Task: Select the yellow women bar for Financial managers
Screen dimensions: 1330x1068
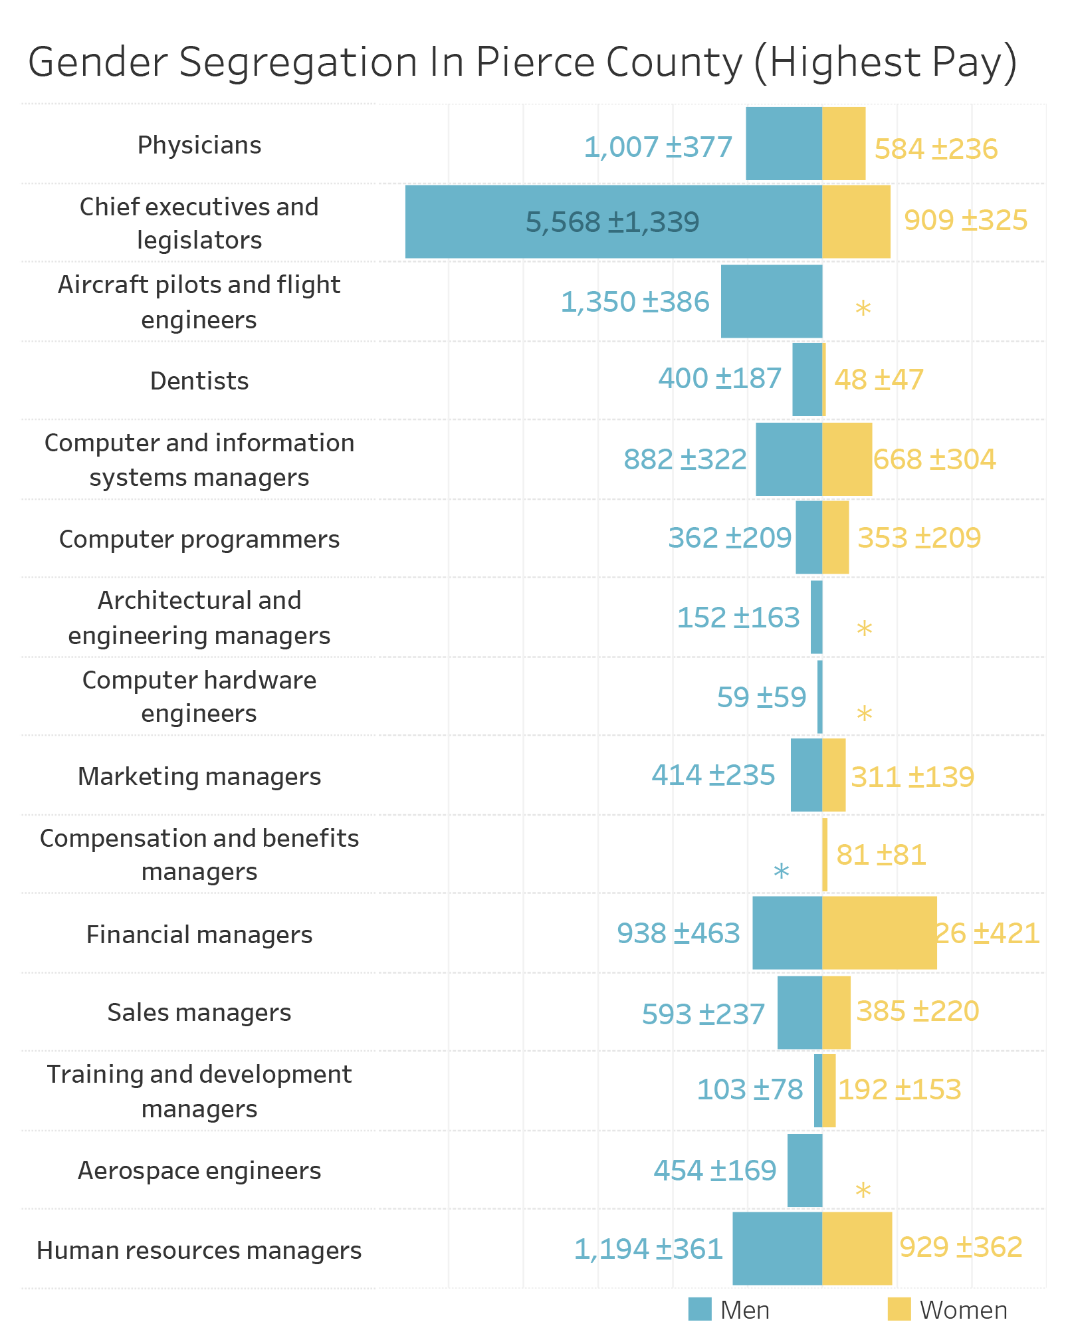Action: pyautogui.click(x=879, y=933)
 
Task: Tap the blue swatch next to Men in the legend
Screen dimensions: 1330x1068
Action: pyautogui.click(x=700, y=1309)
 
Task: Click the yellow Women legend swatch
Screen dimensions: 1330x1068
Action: pyautogui.click(x=899, y=1309)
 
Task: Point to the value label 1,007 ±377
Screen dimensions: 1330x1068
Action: pyautogui.click(x=657, y=147)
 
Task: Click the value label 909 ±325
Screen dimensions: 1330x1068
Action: pyautogui.click(x=965, y=220)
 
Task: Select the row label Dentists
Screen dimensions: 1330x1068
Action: pyautogui.click(x=199, y=381)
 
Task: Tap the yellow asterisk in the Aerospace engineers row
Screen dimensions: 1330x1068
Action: pyautogui.click(x=863, y=1190)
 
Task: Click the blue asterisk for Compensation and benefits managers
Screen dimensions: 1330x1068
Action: pyautogui.click(x=781, y=871)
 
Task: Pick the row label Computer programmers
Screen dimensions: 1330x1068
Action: pyautogui.click(x=199, y=539)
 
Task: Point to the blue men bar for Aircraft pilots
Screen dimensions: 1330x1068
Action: pyautogui.click(x=771, y=301)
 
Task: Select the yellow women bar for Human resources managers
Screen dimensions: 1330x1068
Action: pyautogui.click(x=857, y=1248)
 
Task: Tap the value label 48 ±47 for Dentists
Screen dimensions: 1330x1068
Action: pyautogui.click(x=879, y=380)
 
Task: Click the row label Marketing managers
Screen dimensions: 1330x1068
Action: pyautogui.click(x=199, y=776)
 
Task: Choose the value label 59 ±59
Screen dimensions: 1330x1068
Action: pyautogui.click(x=761, y=697)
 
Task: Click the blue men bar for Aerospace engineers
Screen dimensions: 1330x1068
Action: pyautogui.click(x=804, y=1170)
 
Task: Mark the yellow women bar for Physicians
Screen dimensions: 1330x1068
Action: pyautogui.click(x=843, y=144)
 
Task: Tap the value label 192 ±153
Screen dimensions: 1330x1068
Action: pyautogui.click(x=899, y=1089)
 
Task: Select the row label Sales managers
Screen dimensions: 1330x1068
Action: pyautogui.click(x=199, y=1012)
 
